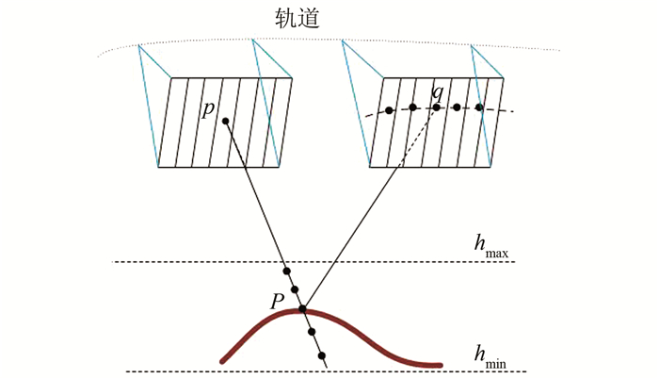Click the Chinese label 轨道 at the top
click(x=295, y=18)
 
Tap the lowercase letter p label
click(x=209, y=108)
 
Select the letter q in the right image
click(x=437, y=92)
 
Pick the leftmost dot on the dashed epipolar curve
click(x=389, y=110)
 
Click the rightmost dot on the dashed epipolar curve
click(x=479, y=107)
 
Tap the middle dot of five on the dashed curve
click(x=436, y=107)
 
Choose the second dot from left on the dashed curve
click(x=412, y=107)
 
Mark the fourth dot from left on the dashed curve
click(x=458, y=107)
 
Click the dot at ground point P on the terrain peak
click(x=302, y=309)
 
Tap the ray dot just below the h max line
click(x=286, y=272)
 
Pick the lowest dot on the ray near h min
click(x=322, y=355)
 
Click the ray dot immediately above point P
click(x=295, y=289)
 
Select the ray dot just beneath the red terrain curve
click(x=312, y=332)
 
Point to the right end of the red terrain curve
click(x=440, y=364)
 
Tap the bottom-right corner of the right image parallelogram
click(x=493, y=167)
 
